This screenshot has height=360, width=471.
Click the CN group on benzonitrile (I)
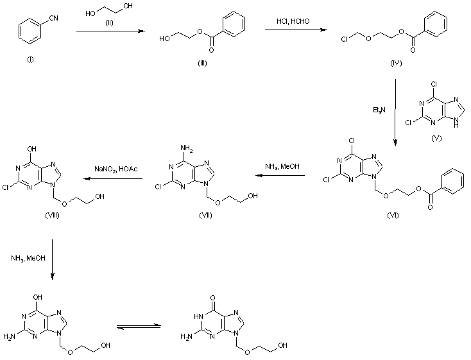pyautogui.click(x=53, y=19)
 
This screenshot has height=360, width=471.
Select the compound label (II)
pyautogui.click(x=109, y=23)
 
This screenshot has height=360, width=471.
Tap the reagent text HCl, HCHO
pyautogui.click(x=293, y=21)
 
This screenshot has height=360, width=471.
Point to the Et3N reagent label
pyautogui.click(x=379, y=110)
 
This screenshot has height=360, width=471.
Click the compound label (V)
pyautogui.click(x=436, y=138)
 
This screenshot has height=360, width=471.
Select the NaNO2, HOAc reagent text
pyautogui.click(x=116, y=169)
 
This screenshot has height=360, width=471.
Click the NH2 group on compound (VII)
pyautogui.click(x=187, y=148)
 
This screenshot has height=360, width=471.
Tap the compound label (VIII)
pyautogui.click(x=52, y=215)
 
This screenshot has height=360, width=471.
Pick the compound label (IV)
pyautogui.click(x=396, y=63)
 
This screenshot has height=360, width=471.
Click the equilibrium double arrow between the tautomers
pyautogui.click(x=139, y=327)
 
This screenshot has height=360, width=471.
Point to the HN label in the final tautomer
pyautogui.click(x=198, y=316)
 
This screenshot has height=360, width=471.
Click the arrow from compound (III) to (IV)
pyautogui.click(x=296, y=30)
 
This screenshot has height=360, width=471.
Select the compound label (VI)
pyautogui.click(x=393, y=215)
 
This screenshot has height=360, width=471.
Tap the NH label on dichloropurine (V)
pyautogui.click(x=456, y=123)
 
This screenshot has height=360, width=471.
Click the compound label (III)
pyautogui.click(x=202, y=63)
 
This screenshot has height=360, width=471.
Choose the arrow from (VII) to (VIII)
pyautogui.click(x=113, y=179)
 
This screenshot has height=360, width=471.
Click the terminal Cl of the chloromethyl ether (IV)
pyautogui.click(x=344, y=39)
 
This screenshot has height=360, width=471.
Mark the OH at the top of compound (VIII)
pyautogui.click(x=31, y=149)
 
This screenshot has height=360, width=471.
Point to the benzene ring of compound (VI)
pyautogui.click(x=453, y=181)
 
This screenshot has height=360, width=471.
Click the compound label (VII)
pyautogui.click(x=205, y=215)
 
